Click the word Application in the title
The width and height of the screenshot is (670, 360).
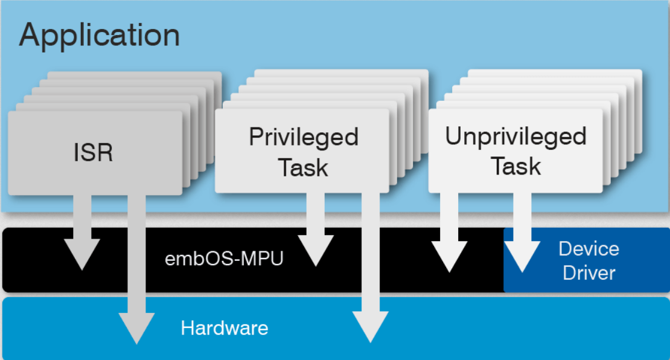[x=99, y=36]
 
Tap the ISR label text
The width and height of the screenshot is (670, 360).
[x=94, y=152]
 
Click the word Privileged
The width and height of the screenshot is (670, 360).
[x=304, y=137]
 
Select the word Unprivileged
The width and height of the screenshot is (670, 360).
[x=515, y=136]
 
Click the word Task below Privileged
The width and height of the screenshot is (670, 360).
[x=304, y=167]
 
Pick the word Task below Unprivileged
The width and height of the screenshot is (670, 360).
[x=515, y=165]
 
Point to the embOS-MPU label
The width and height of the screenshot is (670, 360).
[x=224, y=259]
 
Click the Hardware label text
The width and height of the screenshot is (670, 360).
[x=224, y=328]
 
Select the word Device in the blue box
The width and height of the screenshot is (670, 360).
[x=589, y=248]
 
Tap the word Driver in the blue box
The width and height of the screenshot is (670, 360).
[x=589, y=272]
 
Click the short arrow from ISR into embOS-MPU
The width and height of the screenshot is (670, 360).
[x=81, y=236]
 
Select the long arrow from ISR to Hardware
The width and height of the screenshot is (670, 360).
[x=137, y=272]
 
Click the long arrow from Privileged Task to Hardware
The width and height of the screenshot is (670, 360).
[x=370, y=272]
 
